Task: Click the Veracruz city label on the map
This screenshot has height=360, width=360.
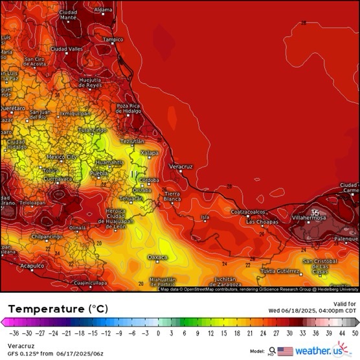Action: point(181,166)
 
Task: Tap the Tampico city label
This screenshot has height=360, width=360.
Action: point(112,39)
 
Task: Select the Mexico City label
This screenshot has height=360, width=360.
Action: point(62,157)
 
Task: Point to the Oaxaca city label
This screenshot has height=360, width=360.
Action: point(157,257)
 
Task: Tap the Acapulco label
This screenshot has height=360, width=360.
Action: point(31,265)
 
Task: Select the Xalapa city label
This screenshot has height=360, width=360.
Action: point(150,153)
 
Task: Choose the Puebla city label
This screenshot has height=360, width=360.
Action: point(98,174)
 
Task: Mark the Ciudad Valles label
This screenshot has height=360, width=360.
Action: point(67,49)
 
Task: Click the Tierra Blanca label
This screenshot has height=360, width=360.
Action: point(172,197)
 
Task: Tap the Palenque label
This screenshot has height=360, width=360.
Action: point(346,238)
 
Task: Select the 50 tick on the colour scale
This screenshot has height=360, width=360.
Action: point(354,333)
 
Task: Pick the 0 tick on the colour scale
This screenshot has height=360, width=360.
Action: point(158,333)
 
